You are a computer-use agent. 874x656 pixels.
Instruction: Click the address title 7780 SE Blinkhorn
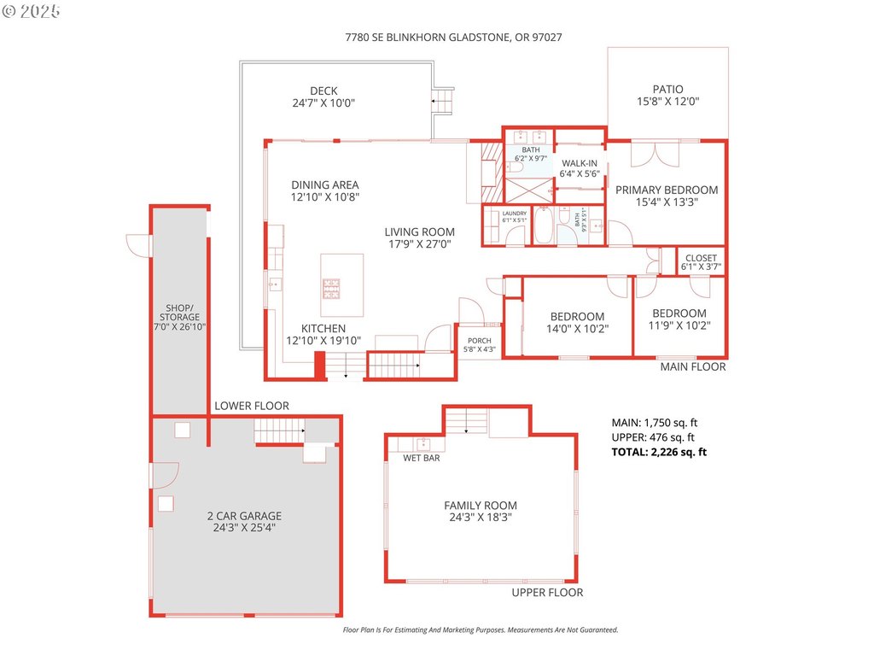(x=453, y=38)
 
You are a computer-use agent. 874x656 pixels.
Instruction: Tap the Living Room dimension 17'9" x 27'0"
(x=419, y=243)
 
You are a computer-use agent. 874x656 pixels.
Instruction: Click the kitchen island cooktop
(x=330, y=286)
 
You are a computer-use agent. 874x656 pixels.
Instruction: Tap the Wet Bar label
(x=422, y=458)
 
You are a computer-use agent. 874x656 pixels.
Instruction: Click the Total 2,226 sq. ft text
(x=659, y=452)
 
